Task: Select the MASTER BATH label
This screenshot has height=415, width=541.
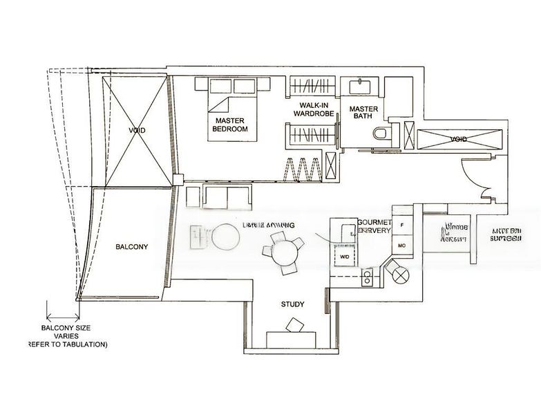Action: tap(363, 113)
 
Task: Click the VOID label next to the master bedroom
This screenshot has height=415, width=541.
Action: tap(136, 130)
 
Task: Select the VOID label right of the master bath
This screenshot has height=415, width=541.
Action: tap(458, 139)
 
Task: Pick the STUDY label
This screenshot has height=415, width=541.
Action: tap(292, 304)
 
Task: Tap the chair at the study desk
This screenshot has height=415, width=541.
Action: tap(295, 324)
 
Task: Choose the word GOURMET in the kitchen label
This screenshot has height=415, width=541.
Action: tap(374, 222)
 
